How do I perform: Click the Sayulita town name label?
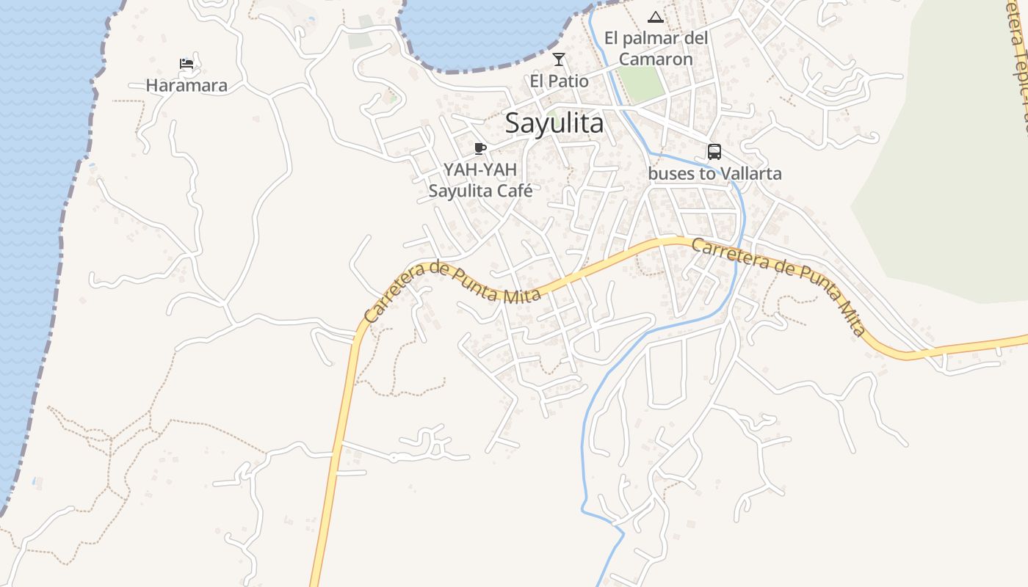pos(554,123)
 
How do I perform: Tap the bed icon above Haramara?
pos(187,64)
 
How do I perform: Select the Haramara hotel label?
pos(187,86)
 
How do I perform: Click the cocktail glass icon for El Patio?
pos(559,59)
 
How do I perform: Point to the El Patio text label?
pos(559,81)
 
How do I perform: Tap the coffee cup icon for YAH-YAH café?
pos(480,149)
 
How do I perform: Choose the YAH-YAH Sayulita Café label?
pos(480,180)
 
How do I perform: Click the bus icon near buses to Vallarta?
pos(714,152)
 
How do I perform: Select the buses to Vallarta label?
pos(714,174)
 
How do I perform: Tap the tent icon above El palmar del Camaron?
pos(656,17)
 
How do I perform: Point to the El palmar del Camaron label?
pos(656,48)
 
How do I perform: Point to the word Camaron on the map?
pos(656,59)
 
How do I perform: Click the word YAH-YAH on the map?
pos(480,169)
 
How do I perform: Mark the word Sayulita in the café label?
pos(458,191)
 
